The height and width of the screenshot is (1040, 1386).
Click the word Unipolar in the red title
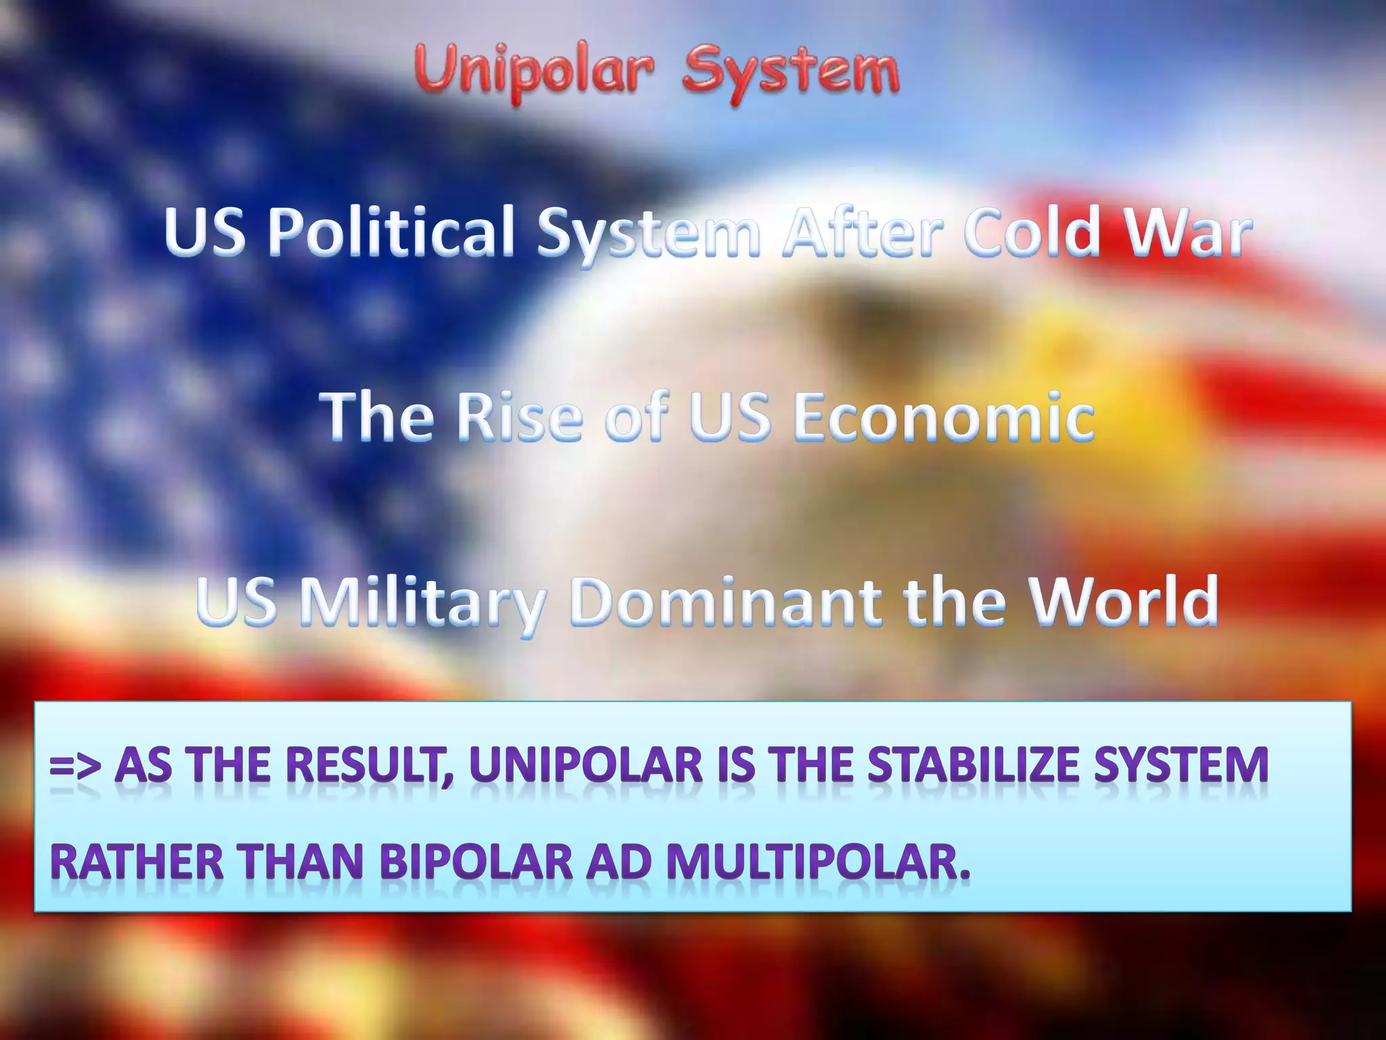point(534,73)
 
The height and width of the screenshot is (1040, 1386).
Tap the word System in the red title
point(791,73)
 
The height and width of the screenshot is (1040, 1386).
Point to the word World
point(1123,601)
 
